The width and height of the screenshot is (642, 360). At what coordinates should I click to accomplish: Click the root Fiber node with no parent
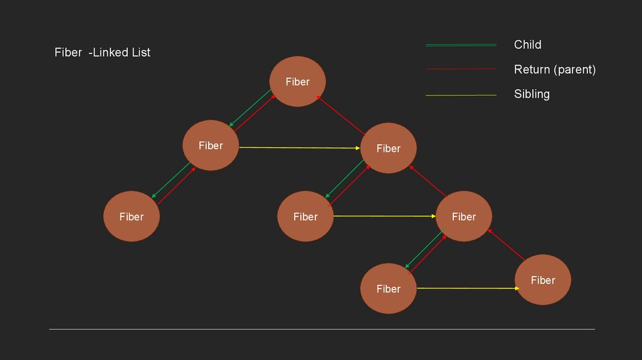click(297, 82)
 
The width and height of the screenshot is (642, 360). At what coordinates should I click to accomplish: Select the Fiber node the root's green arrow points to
click(211, 146)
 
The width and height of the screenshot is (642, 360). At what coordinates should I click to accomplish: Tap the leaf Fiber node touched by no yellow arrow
click(132, 216)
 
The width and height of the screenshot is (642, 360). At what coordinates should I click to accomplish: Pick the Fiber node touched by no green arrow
click(542, 280)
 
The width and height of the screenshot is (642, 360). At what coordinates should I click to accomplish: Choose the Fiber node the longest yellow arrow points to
click(388, 148)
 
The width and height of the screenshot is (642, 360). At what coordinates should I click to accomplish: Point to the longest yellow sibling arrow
click(300, 147)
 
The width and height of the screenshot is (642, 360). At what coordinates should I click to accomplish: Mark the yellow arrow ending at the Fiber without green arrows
click(468, 288)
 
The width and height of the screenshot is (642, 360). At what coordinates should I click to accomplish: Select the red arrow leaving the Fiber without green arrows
click(507, 245)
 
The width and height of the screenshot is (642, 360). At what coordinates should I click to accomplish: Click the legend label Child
click(527, 45)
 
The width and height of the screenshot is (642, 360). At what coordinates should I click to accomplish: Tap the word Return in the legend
click(532, 70)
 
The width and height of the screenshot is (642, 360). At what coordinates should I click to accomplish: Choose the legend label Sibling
click(532, 94)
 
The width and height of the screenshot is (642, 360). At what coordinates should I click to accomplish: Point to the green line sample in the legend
click(461, 45)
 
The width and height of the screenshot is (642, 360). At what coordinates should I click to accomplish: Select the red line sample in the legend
click(461, 69)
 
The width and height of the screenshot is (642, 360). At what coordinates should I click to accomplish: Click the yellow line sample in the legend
click(461, 95)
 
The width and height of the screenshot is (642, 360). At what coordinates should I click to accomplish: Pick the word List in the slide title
click(140, 53)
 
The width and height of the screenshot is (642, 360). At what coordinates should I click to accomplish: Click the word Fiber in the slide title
click(68, 53)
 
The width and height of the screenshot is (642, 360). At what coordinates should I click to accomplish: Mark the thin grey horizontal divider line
click(322, 329)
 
